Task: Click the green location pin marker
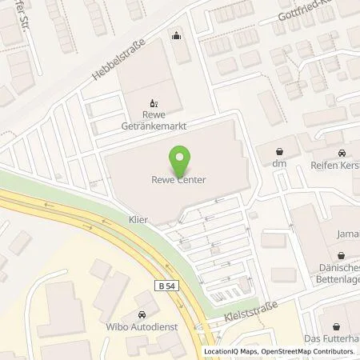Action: [180, 158]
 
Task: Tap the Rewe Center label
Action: [180, 180]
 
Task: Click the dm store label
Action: [279, 164]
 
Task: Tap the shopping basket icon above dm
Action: [279, 150]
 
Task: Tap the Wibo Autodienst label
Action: [141, 327]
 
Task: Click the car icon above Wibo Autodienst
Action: [142, 314]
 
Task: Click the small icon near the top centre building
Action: [177, 35]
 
